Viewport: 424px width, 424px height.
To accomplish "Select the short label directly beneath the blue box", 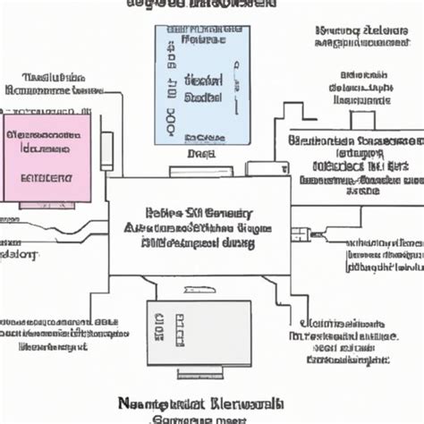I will coord(198,153).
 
